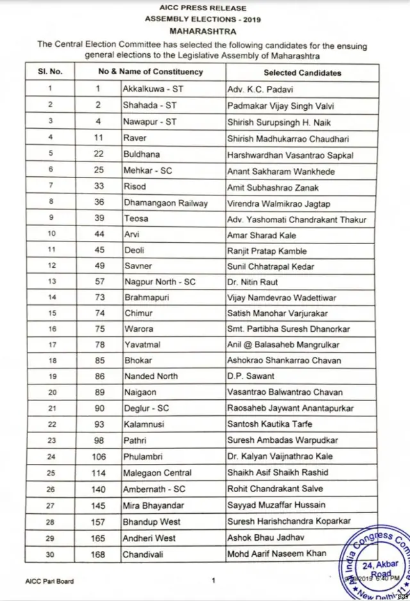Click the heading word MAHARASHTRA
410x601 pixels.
[x=203, y=30]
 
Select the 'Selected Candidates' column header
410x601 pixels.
[x=302, y=72]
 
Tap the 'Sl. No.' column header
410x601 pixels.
[x=50, y=72]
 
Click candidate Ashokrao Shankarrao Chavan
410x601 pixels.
[x=284, y=361]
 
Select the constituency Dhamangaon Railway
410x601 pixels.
[x=165, y=203]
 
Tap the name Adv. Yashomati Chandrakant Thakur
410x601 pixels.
[x=297, y=219]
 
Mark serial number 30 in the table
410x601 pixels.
[x=50, y=554]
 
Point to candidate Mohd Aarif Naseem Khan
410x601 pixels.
[x=277, y=553]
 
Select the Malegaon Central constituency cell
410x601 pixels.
[x=158, y=473]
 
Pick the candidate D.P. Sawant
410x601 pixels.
[x=250, y=376]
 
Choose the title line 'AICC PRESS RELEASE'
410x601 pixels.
[x=204, y=8]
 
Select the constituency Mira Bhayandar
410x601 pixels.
[x=153, y=505]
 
